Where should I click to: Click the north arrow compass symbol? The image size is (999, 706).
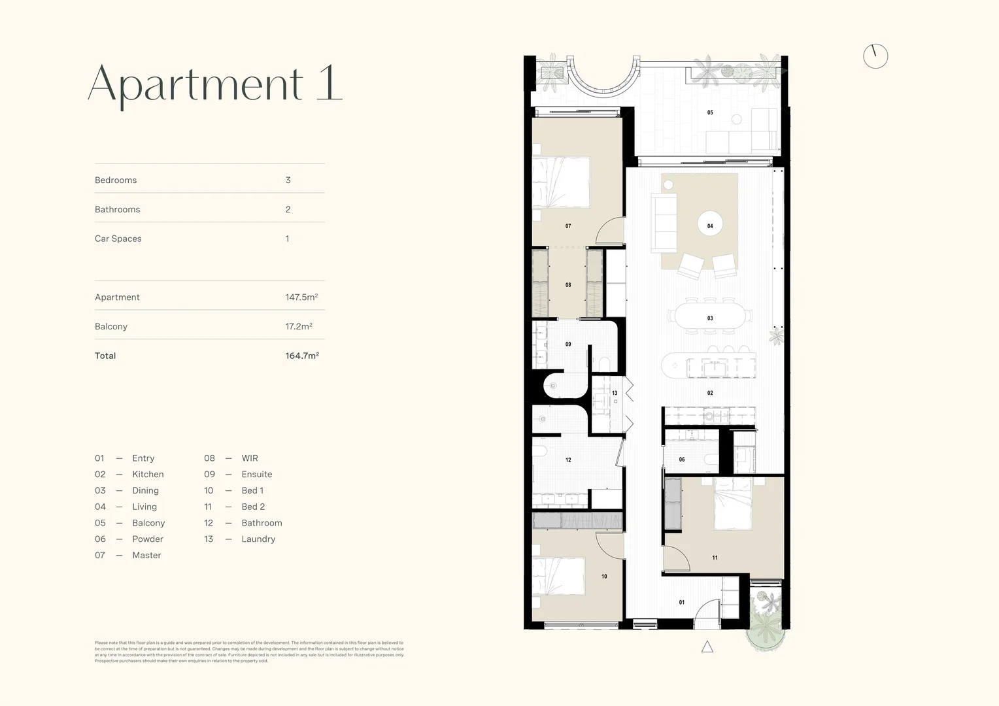[x=875, y=56]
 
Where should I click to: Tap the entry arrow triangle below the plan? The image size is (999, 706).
[x=707, y=647]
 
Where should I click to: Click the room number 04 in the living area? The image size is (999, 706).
[x=710, y=226]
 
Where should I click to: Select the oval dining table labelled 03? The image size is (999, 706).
[x=709, y=317]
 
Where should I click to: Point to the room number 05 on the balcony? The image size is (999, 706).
[x=710, y=112]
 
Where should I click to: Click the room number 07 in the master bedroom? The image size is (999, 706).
[x=568, y=226]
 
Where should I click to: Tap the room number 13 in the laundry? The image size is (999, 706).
[x=615, y=394]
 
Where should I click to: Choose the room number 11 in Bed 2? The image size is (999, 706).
[x=715, y=558]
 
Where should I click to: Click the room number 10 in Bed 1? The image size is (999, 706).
[x=604, y=577]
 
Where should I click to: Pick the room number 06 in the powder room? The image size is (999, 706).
[x=682, y=460]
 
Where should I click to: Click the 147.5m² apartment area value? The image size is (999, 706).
[x=301, y=297]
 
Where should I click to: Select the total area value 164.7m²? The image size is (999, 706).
[x=301, y=356]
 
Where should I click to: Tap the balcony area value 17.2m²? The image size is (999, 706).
[x=298, y=326]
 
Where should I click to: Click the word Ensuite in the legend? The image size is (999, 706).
[x=256, y=475]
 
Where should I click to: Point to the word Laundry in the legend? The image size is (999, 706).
[x=258, y=539]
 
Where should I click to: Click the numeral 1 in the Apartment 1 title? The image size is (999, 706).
[x=330, y=83]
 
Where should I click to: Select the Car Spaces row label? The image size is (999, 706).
[x=118, y=239]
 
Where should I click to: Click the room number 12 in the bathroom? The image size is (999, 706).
[x=568, y=460]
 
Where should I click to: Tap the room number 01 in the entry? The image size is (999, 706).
[x=682, y=603]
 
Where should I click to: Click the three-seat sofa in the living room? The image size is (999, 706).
[x=664, y=222]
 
